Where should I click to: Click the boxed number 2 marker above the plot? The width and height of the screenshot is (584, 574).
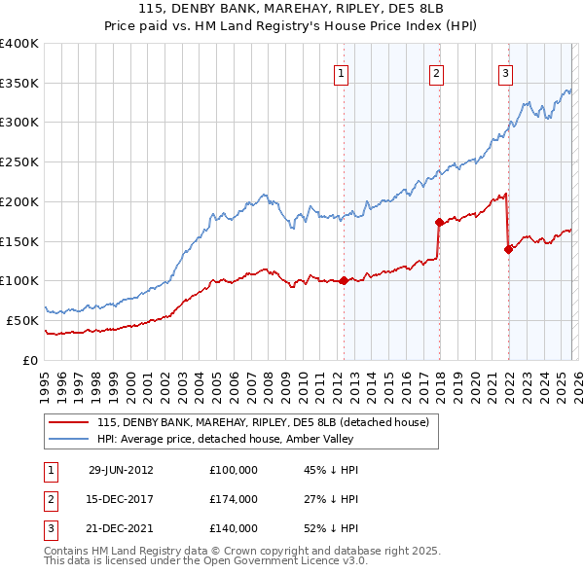437,72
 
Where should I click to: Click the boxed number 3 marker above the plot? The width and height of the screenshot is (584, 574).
506,72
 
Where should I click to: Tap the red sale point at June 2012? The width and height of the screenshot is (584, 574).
344,281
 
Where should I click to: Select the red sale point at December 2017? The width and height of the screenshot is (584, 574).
438,222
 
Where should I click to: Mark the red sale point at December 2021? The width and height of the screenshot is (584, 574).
508,249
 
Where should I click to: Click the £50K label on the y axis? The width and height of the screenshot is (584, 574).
22,320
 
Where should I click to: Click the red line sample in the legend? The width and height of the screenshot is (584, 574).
69,422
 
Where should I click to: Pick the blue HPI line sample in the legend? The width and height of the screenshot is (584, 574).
69,439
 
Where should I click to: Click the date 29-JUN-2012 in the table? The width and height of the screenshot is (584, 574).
121,469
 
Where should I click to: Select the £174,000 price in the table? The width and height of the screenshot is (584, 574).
234,499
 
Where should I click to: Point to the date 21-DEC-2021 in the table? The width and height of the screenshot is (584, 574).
121,529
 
